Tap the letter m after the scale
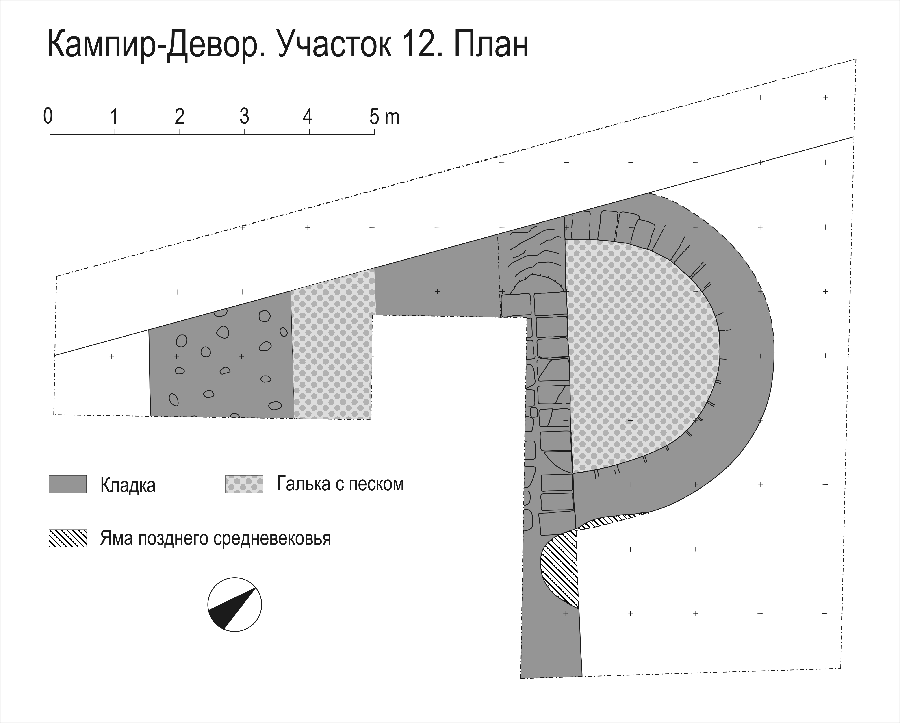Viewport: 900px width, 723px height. coord(393,118)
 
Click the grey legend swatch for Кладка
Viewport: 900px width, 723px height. coord(68,484)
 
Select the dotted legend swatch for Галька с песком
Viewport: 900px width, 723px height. coord(244,484)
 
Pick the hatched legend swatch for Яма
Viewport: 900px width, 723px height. coord(68,538)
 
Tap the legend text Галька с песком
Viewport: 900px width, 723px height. coord(340,484)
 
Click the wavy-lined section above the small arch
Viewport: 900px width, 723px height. coord(532,255)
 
